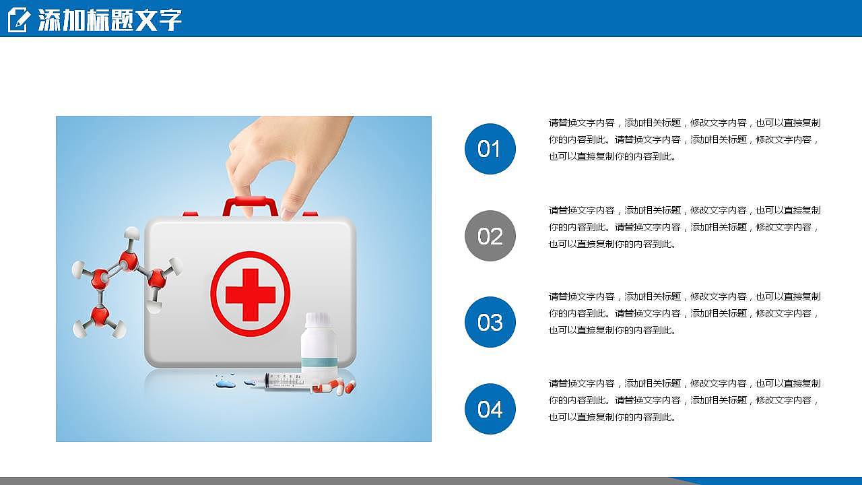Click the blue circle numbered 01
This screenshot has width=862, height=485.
coord(490,149)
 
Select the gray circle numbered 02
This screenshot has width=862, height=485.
coord(490,236)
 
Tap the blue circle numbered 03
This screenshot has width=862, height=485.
coord(490,322)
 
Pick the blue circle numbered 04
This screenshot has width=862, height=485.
coord(490,409)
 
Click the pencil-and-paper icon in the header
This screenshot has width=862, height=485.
coord(18,20)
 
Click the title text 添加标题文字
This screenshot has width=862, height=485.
coord(110,20)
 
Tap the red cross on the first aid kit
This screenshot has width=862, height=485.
coord(250,294)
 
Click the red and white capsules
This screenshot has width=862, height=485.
coord(335,386)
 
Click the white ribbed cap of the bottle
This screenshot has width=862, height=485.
coord(318,319)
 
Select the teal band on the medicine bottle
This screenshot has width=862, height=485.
coord(319,362)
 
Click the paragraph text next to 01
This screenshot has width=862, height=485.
coord(685,139)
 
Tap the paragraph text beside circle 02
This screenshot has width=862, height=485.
coord(685,227)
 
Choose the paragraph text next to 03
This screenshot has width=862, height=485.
coord(685,313)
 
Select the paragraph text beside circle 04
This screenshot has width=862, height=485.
coord(685,400)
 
